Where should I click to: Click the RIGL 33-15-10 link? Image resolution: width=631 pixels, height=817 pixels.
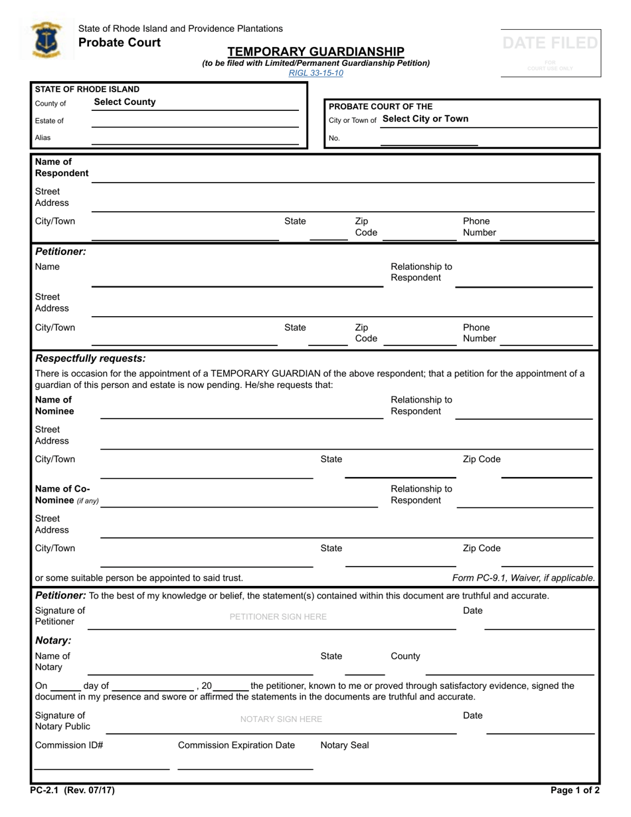[315, 73]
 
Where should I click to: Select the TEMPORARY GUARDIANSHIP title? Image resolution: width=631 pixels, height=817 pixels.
[315, 51]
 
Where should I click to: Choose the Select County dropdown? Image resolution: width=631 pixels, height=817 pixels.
[125, 102]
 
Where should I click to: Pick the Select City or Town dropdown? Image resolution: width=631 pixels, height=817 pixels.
[425, 119]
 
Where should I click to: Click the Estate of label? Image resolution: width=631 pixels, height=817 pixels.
[49, 121]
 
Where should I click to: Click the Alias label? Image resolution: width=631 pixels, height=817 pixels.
[43, 138]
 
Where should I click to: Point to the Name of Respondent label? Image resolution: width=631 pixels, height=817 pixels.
[61, 167]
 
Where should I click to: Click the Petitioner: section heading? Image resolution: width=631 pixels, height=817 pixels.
[60, 252]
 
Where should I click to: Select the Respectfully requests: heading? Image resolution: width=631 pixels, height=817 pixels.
[90, 359]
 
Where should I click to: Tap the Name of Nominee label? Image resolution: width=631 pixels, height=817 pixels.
[54, 406]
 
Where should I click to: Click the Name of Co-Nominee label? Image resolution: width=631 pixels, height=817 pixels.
[66, 495]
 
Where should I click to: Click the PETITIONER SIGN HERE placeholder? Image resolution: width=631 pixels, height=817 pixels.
[278, 617]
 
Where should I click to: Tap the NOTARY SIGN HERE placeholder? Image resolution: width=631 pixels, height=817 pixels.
[280, 719]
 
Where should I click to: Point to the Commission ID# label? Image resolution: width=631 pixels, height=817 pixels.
[68, 745]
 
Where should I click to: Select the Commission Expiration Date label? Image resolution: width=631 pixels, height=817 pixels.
[236, 745]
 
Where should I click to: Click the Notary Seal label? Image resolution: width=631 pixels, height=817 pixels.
[344, 745]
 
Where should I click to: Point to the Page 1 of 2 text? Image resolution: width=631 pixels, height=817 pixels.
[575, 791]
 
